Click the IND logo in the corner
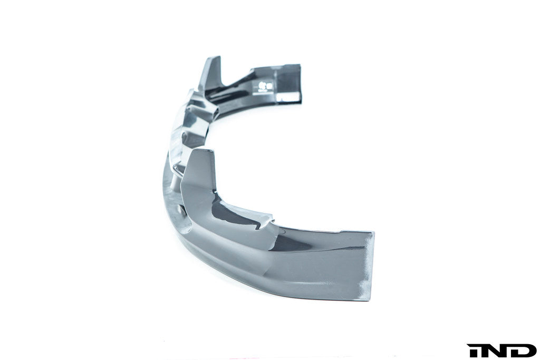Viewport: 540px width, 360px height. [x=502, y=350]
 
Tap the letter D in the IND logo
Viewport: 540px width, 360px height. [x=524, y=350]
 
